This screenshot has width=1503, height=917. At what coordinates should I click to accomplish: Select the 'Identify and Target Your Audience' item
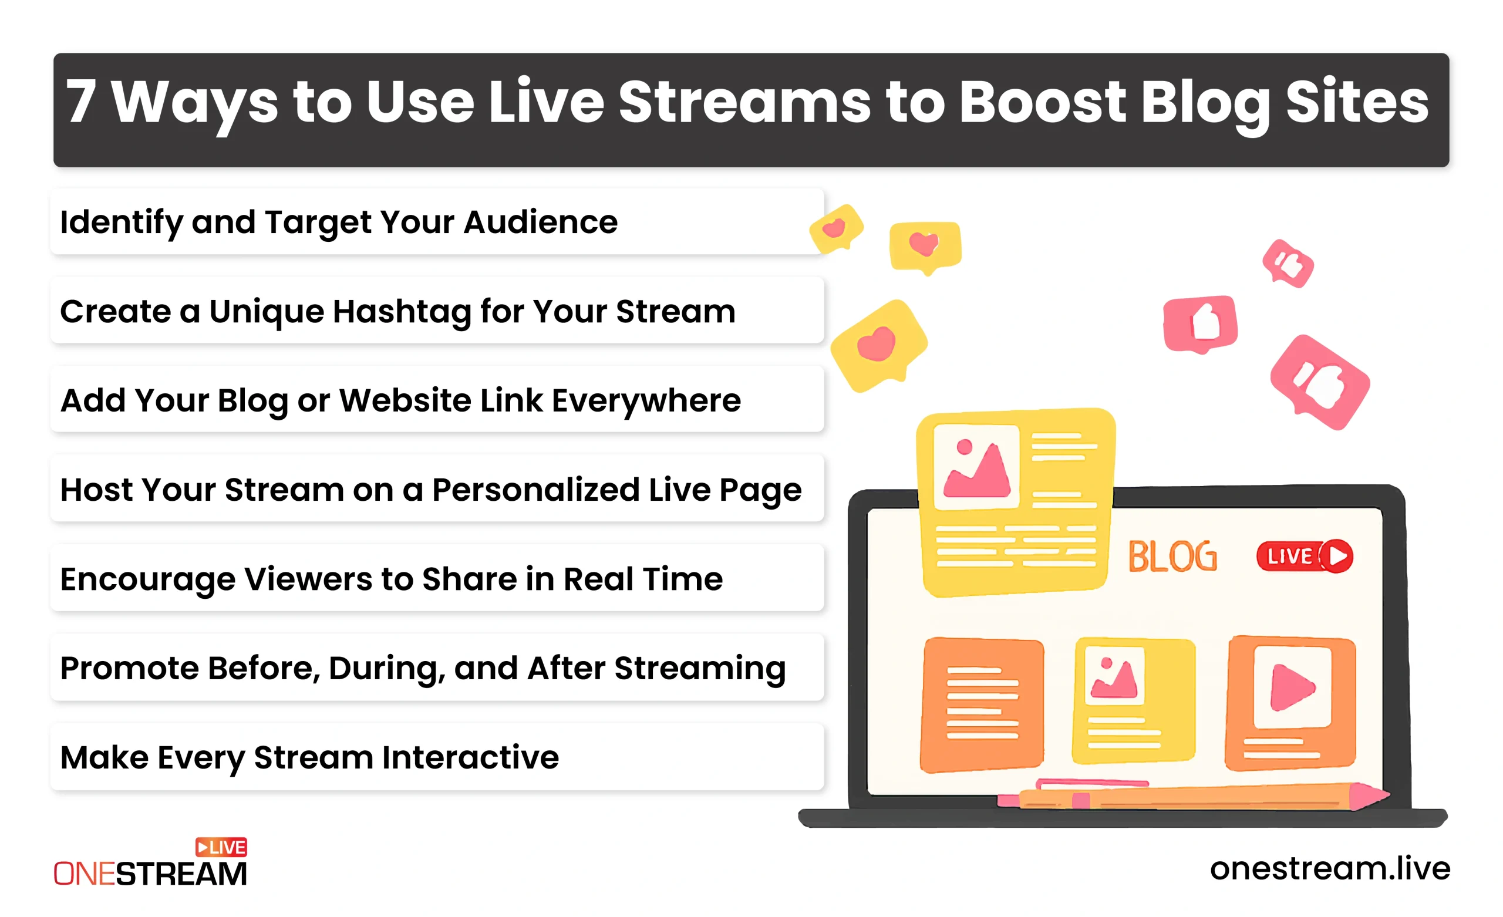[x=437, y=221]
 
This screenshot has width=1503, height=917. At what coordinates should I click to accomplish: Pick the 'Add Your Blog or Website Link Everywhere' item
[x=437, y=400]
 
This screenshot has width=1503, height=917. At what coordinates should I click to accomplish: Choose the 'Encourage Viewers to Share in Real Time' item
[x=437, y=578]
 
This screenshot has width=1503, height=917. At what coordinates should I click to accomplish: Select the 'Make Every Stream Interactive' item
[x=437, y=757]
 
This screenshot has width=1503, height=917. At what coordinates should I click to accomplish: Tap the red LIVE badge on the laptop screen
[x=1304, y=556]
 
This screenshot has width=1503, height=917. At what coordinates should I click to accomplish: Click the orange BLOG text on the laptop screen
[x=1172, y=556]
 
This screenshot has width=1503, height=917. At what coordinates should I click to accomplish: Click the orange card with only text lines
[x=982, y=704]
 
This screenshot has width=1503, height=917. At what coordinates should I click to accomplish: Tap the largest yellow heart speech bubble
[x=879, y=345]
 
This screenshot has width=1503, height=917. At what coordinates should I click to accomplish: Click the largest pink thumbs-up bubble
[x=1320, y=383]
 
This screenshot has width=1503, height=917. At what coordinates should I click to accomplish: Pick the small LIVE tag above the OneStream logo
[x=221, y=847]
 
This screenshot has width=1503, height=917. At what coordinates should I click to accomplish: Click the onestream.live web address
[x=1330, y=868]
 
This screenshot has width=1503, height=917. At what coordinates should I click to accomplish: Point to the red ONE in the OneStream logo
[x=84, y=874]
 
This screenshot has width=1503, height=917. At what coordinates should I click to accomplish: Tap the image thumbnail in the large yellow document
[x=976, y=467]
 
